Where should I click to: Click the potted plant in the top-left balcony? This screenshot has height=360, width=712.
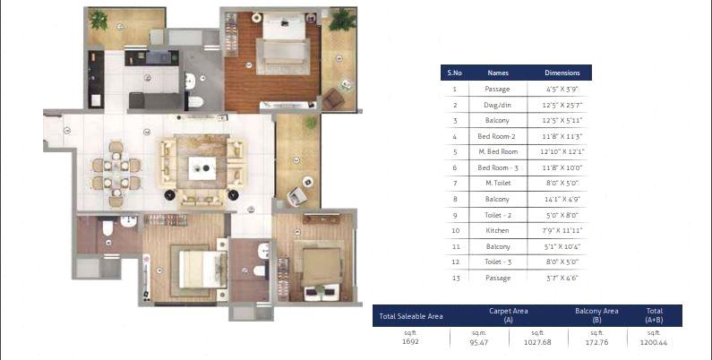coord(99,19)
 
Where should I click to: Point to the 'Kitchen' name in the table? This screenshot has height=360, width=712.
coord(498,230)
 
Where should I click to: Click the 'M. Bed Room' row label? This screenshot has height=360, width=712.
coord(498,151)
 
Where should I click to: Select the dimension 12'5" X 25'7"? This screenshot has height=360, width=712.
coord(562,105)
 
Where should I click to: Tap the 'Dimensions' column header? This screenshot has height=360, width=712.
coord(562,73)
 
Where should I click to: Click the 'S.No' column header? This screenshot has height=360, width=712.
coord(455,73)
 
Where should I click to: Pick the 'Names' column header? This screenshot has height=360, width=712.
coord(498,73)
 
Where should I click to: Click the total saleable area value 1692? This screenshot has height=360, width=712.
coord(411,342)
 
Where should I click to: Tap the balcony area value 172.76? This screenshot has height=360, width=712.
coord(596,342)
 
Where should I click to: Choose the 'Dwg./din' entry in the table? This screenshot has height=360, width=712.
coord(498,105)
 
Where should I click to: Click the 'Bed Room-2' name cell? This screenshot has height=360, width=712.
coord(498,136)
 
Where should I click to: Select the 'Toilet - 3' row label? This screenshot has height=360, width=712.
coord(498,261)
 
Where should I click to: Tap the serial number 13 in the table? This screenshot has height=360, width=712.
coord(455,278)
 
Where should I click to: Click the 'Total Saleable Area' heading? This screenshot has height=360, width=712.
coord(411,315)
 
